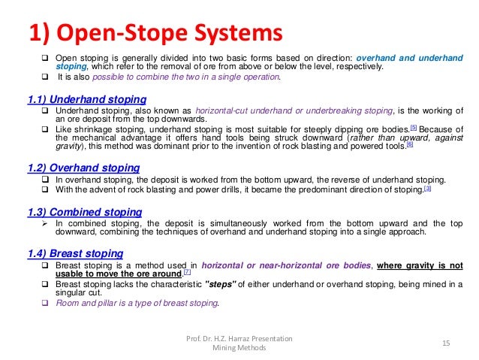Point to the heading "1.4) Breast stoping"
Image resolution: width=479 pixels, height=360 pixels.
74,253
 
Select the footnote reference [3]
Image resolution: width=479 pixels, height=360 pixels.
427,189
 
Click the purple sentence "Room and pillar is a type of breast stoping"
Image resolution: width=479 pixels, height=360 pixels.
137,304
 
